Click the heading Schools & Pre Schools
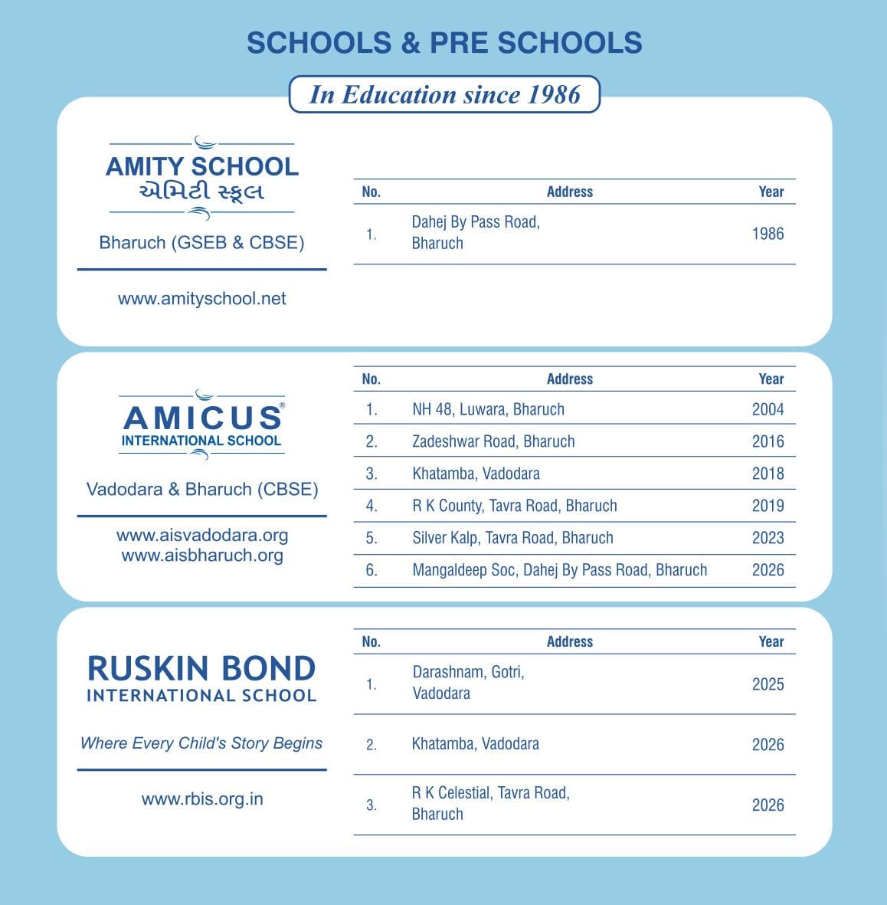pyautogui.click(x=444, y=43)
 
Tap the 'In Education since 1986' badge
pyautogui.click(x=444, y=94)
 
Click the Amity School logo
pyautogui.click(x=202, y=178)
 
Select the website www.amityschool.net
pyautogui.click(x=202, y=299)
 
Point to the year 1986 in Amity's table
pyautogui.click(x=768, y=234)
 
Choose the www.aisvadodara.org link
pyautogui.click(x=202, y=535)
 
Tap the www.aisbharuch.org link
pyautogui.click(x=202, y=556)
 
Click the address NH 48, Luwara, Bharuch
pyautogui.click(x=488, y=409)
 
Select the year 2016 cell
pyautogui.click(x=768, y=441)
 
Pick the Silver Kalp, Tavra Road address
pyautogui.click(x=512, y=538)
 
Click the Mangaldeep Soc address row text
pyautogui.click(x=559, y=570)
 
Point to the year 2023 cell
pyautogui.click(x=768, y=538)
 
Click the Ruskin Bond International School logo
pyautogui.click(x=201, y=678)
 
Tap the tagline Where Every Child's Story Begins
pyautogui.click(x=201, y=743)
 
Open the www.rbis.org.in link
pyautogui.click(x=202, y=799)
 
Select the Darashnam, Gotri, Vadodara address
pyautogui.click(x=468, y=683)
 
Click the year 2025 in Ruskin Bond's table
pyautogui.click(x=768, y=684)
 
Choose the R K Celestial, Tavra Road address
pyautogui.click(x=490, y=803)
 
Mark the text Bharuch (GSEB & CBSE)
pyautogui.click(x=201, y=243)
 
